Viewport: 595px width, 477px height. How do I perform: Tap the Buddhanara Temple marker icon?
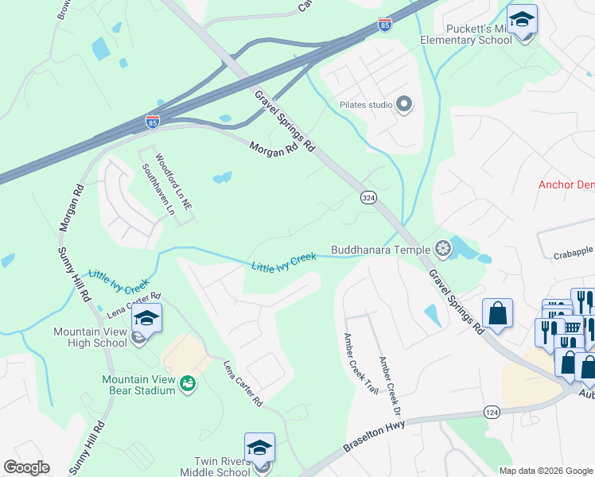coord(443,250)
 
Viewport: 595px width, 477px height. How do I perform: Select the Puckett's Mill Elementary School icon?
coord(522,19)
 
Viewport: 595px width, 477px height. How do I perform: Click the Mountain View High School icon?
coord(146,320)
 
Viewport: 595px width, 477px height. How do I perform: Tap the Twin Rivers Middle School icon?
coord(259,449)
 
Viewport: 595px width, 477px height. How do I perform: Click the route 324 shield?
coord(367,196)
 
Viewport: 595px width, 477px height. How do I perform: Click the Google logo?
coord(26,467)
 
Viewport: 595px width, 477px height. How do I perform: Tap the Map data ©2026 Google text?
coord(546,471)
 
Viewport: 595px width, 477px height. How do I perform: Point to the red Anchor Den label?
coord(566,184)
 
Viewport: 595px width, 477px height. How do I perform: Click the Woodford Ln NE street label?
coord(174,181)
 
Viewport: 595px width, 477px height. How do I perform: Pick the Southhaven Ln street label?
coord(157,190)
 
